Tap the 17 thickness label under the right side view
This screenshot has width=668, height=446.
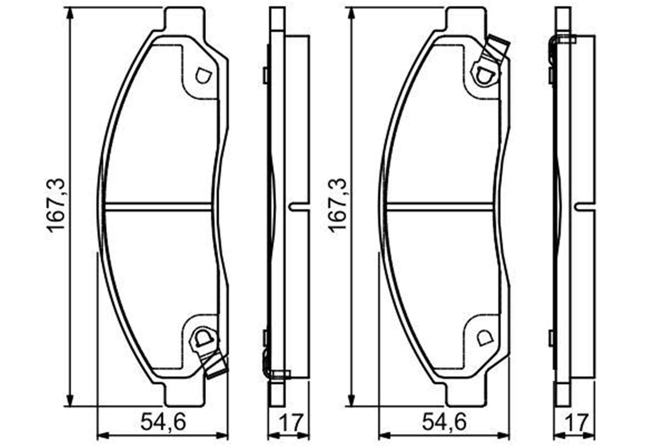[x=575, y=422]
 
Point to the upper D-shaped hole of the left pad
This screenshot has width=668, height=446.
[x=203, y=76]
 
